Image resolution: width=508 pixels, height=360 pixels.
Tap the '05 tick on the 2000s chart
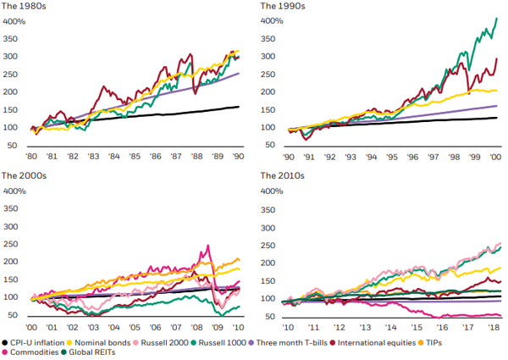coord(135,327)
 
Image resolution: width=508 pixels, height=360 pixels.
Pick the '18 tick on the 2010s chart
coord(494,327)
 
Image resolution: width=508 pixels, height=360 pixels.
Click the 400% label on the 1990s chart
coord(271,20)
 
